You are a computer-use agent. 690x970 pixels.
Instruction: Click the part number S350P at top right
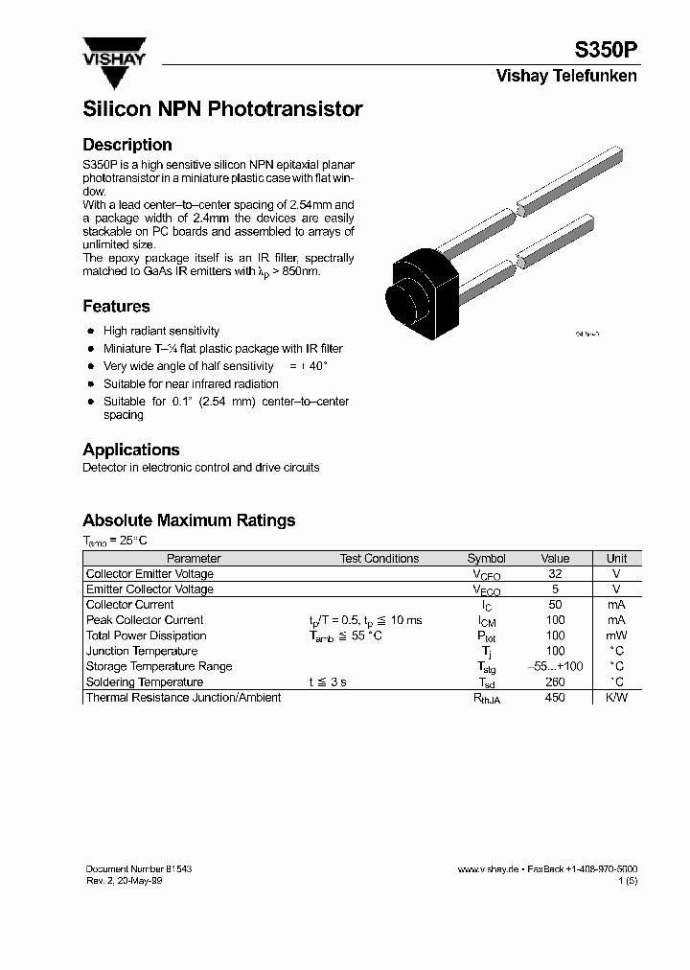point(605,51)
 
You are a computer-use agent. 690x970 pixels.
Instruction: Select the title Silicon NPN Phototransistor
point(222,109)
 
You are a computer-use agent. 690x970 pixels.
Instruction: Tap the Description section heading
point(127,145)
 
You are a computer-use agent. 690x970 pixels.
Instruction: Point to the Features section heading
point(116,307)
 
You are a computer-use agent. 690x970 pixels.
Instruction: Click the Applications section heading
point(131,450)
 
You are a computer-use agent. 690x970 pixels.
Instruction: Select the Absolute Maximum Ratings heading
point(189,520)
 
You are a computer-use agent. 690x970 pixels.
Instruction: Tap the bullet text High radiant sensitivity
point(161,331)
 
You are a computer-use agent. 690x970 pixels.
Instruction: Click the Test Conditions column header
point(379,558)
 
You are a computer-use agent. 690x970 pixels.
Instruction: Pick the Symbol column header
point(486,558)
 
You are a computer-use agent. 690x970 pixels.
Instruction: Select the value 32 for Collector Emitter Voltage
point(555,573)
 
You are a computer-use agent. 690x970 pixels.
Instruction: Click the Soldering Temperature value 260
point(555,681)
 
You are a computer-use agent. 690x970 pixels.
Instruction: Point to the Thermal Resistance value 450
point(555,698)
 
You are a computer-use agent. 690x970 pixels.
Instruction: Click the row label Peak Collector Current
point(145,620)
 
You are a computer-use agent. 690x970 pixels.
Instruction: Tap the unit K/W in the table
point(616,698)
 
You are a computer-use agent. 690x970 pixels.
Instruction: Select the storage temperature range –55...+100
point(555,666)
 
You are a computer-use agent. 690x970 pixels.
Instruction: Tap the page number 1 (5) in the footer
point(628,880)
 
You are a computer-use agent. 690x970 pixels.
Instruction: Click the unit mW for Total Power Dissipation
point(616,635)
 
